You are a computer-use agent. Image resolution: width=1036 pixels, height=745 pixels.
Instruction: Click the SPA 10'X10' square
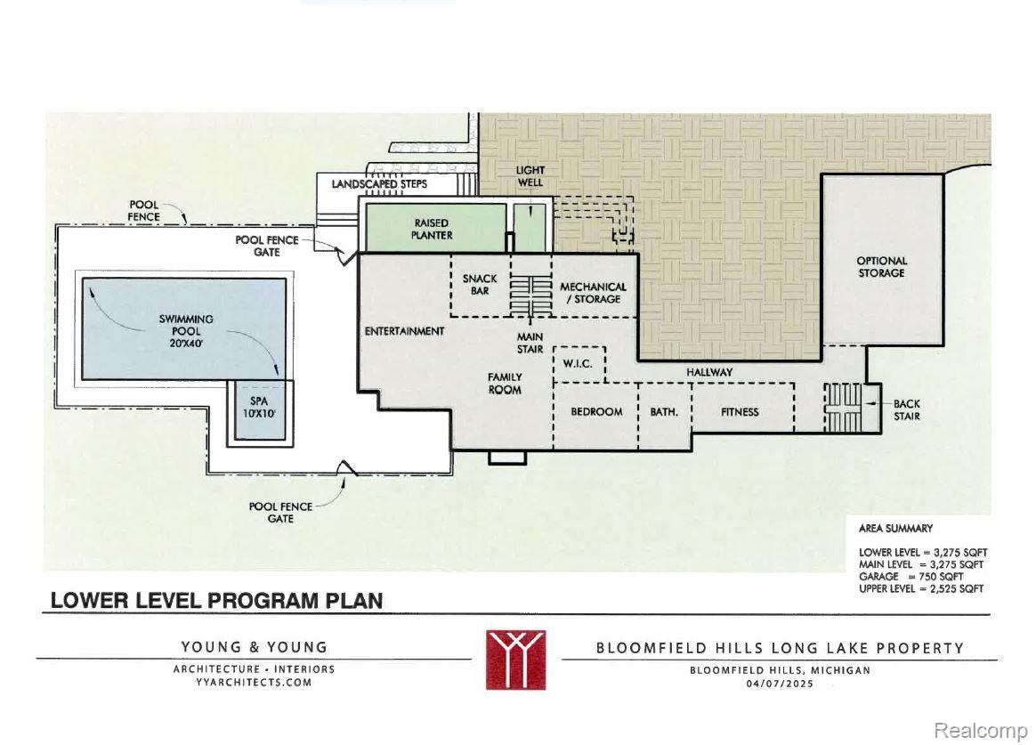(260, 410)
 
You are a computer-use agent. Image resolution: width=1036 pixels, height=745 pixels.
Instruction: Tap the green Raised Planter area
(436, 227)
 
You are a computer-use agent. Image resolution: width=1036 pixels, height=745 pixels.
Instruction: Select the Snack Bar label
(480, 285)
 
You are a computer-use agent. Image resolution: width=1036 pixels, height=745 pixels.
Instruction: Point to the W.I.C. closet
(579, 364)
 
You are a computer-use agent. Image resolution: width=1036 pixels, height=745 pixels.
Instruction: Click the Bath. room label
(664, 412)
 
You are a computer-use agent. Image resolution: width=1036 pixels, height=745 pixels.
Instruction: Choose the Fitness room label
(740, 412)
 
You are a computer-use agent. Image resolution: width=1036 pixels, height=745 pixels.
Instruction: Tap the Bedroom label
(596, 412)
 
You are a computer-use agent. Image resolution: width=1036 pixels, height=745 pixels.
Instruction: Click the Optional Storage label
(881, 267)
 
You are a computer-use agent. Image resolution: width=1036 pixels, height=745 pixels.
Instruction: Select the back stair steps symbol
(843, 408)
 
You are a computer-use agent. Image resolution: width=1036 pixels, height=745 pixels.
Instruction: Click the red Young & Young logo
(516, 660)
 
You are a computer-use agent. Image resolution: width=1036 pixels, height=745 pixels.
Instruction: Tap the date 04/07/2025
(781, 684)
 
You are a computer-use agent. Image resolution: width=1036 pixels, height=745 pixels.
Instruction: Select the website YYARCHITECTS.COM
(254, 683)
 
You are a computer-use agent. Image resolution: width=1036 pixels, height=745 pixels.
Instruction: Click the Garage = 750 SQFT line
(911, 577)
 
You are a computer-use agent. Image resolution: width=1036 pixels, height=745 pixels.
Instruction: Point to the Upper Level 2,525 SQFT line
(921, 588)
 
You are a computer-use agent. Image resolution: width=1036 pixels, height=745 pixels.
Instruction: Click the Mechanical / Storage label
(593, 293)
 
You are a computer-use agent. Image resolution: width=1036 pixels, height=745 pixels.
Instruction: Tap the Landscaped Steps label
(379, 184)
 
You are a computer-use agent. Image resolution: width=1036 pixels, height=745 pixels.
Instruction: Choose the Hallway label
(709, 372)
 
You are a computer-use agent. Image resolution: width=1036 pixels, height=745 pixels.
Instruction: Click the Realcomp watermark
(981, 731)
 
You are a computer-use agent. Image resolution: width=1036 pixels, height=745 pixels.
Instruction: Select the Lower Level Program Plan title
(216, 601)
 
